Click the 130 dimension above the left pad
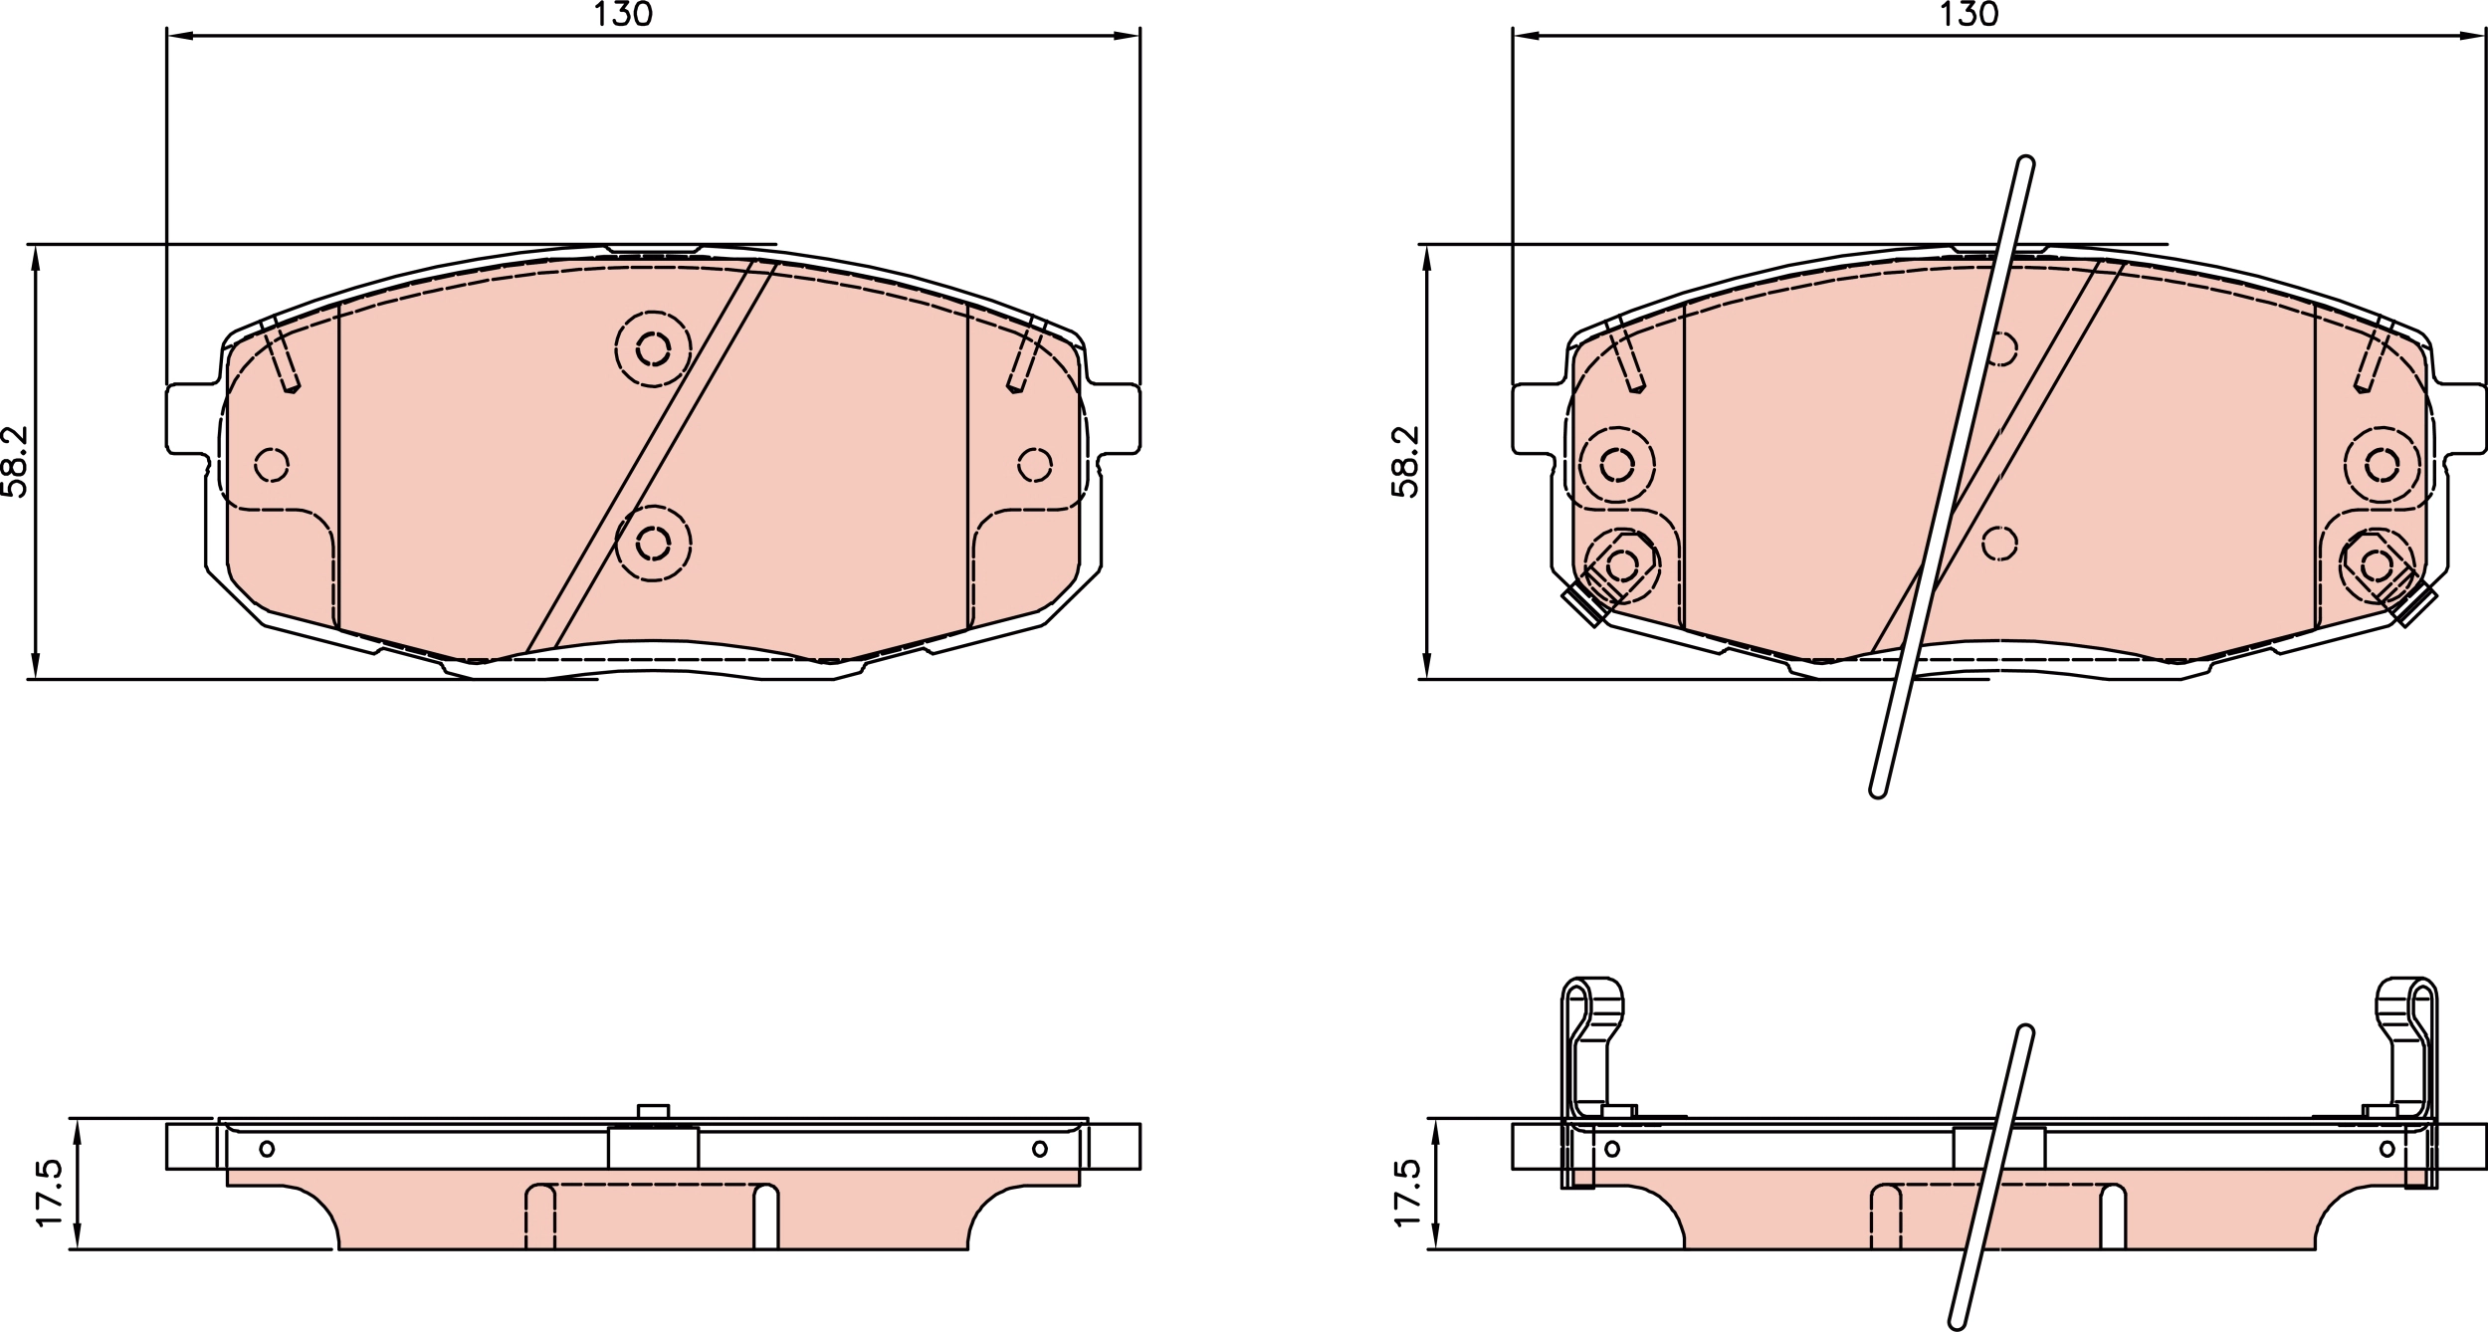click(x=623, y=14)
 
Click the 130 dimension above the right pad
click(x=1969, y=14)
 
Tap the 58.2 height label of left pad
click(x=15, y=461)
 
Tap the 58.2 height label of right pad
click(x=1405, y=461)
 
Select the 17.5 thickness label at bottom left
click(x=50, y=1193)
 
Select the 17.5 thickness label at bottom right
click(x=1407, y=1193)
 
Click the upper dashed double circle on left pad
click(x=653, y=348)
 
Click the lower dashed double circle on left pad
click(x=653, y=544)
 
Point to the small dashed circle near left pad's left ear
click(x=272, y=464)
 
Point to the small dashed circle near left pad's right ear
click(x=1035, y=464)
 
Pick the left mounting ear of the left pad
click(x=189, y=418)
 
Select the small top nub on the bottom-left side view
click(x=653, y=1111)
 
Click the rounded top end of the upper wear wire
click(x=2025, y=162)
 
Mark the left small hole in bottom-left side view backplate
click(x=267, y=1149)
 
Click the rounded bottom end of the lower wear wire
click(x=1957, y=1322)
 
